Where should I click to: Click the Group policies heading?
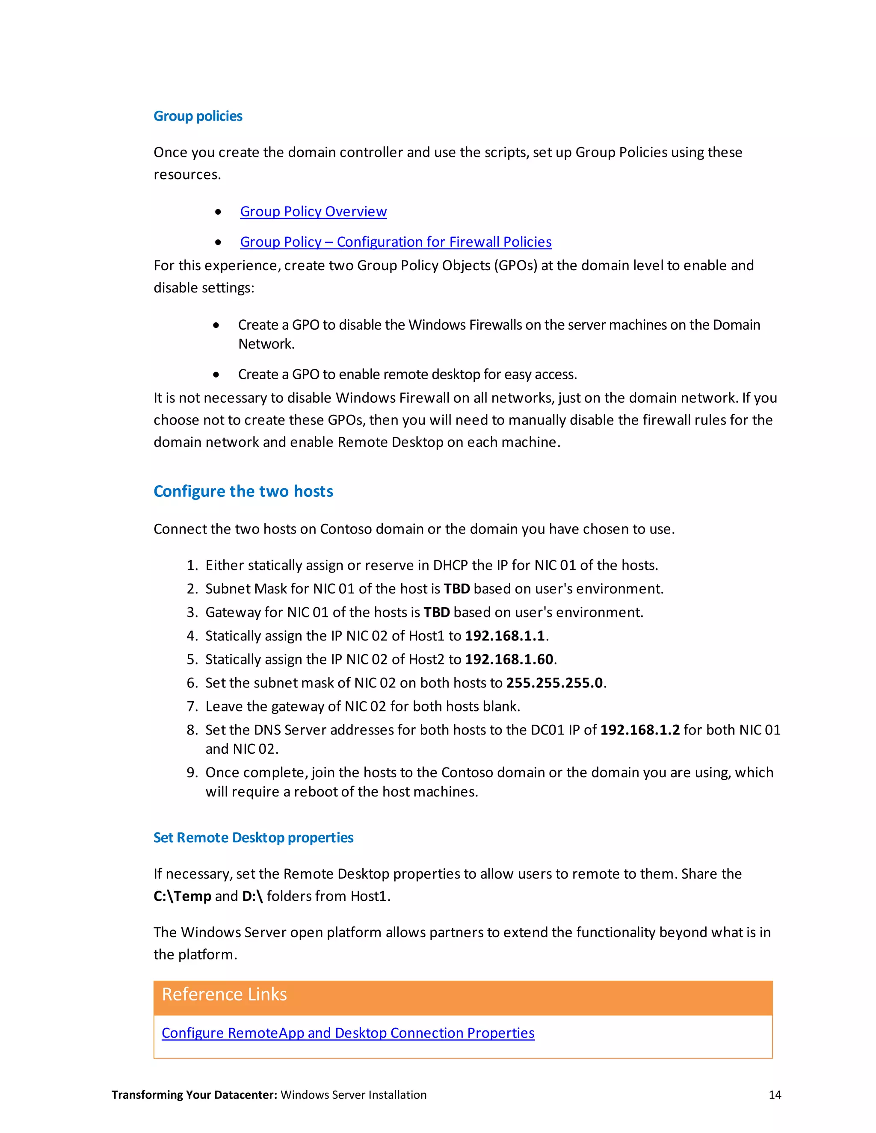(x=198, y=116)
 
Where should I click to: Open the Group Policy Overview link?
(x=313, y=212)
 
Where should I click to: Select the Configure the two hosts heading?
(x=243, y=491)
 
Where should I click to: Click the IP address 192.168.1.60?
(x=509, y=659)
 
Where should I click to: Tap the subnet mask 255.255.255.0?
(x=554, y=683)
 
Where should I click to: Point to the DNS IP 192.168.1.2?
(x=639, y=730)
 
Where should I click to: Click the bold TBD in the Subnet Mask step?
(x=457, y=589)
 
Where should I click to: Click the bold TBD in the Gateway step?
(x=436, y=612)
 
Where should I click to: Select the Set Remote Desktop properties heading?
(x=253, y=838)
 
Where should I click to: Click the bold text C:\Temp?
(x=182, y=897)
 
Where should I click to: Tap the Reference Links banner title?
(x=224, y=994)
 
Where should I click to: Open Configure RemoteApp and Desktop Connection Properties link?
(x=348, y=1033)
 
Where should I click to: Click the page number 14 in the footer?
(x=774, y=1095)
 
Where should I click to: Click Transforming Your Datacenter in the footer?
(x=194, y=1095)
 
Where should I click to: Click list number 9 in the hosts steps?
(x=192, y=773)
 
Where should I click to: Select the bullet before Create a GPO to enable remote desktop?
(x=216, y=375)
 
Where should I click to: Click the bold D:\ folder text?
(x=252, y=897)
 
